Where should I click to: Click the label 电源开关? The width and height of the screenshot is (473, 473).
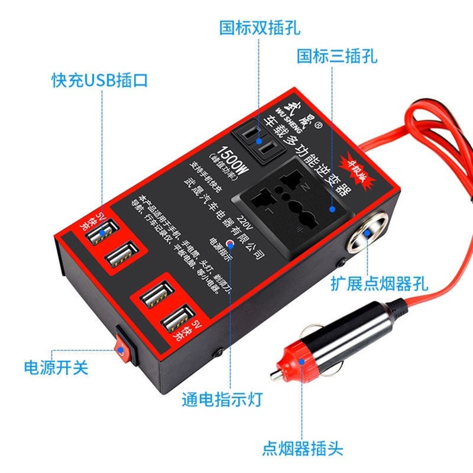(x=56, y=367)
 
